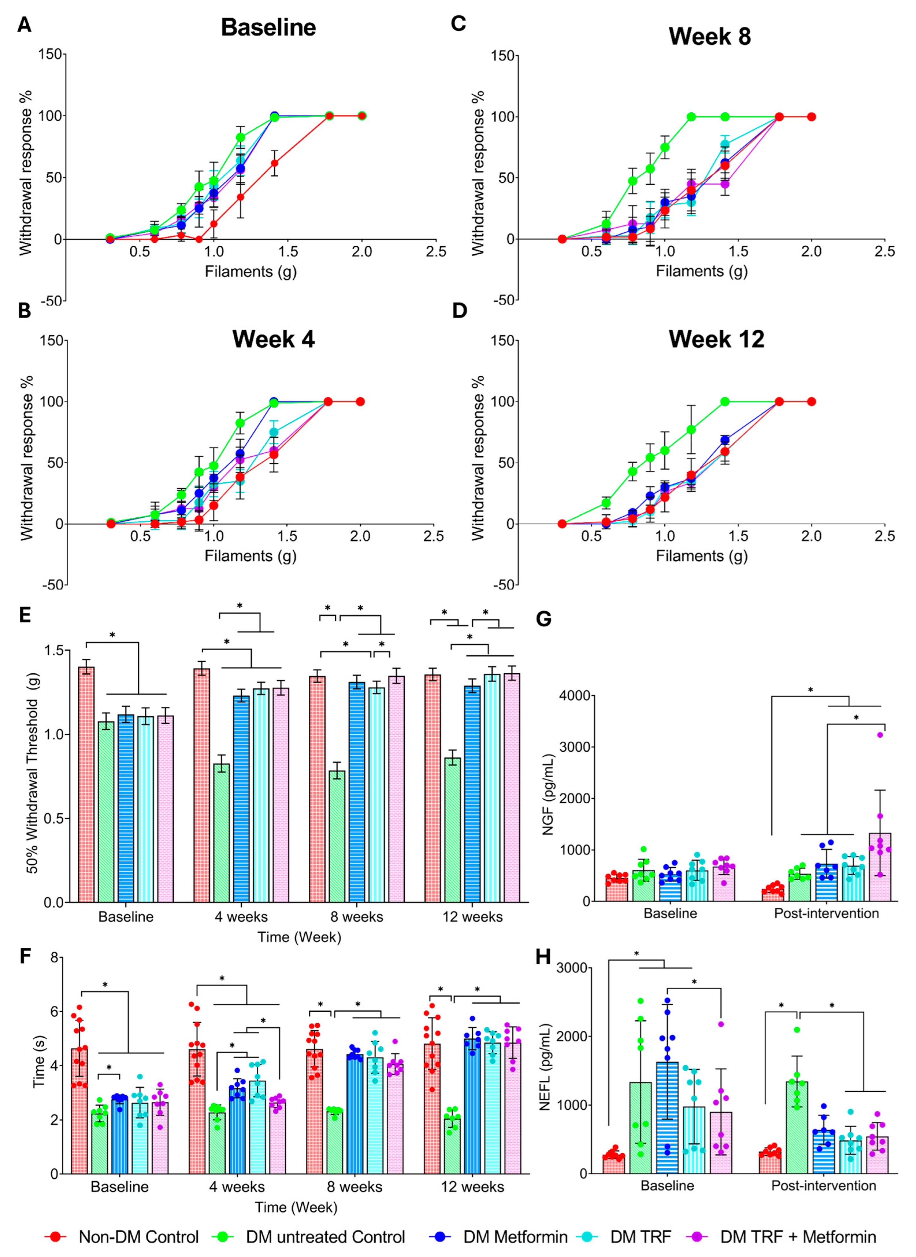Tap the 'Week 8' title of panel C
click(709, 37)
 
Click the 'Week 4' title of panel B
click(273, 339)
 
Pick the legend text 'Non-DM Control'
click(139, 1236)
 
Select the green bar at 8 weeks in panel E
click(337, 836)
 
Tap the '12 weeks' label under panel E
click(472, 917)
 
